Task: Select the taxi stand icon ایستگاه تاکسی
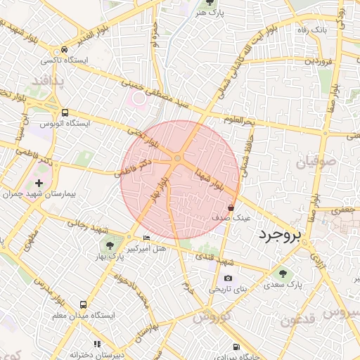point(65,50)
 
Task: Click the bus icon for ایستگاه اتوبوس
point(65,112)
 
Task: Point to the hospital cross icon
point(39,184)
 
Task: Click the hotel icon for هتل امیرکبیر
point(146,238)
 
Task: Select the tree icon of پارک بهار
point(109,244)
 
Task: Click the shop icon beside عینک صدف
point(231,207)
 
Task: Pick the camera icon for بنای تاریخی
point(227,278)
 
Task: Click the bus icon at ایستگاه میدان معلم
point(84,304)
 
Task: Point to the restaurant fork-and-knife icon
point(97,344)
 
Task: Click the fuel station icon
point(235,346)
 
